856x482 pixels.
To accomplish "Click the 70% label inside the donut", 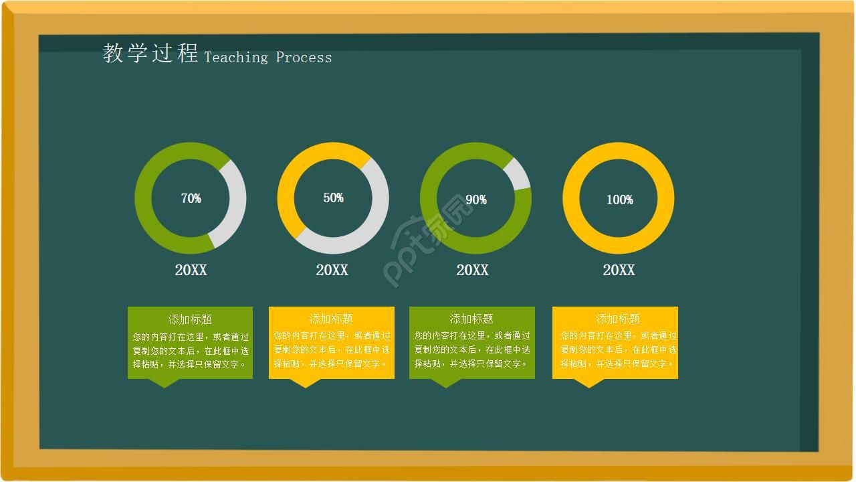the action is tap(191, 198).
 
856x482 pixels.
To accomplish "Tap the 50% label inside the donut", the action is tap(334, 197).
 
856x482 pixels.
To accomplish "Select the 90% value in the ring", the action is tap(476, 199).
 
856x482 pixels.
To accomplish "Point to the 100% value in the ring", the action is tap(620, 199).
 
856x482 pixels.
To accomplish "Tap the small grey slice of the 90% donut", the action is tap(518, 174).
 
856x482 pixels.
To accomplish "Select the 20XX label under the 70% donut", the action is tap(191, 270).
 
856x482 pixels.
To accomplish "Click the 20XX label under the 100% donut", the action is tap(619, 270).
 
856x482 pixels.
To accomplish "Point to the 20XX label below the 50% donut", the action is tap(332, 270).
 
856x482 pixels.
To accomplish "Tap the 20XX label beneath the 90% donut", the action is tap(473, 270).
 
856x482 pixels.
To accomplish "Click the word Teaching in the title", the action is tap(236, 58).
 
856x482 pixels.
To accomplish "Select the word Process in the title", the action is tap(304, 58).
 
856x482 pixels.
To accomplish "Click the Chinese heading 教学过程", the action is tap(150, 53).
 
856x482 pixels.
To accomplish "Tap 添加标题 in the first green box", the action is tap(190, 319).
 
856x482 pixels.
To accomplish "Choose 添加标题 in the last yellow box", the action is tap(618, 319).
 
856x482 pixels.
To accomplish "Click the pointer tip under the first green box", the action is tap(165, 388).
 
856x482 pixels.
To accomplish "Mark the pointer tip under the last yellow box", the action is tap(589, 388).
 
